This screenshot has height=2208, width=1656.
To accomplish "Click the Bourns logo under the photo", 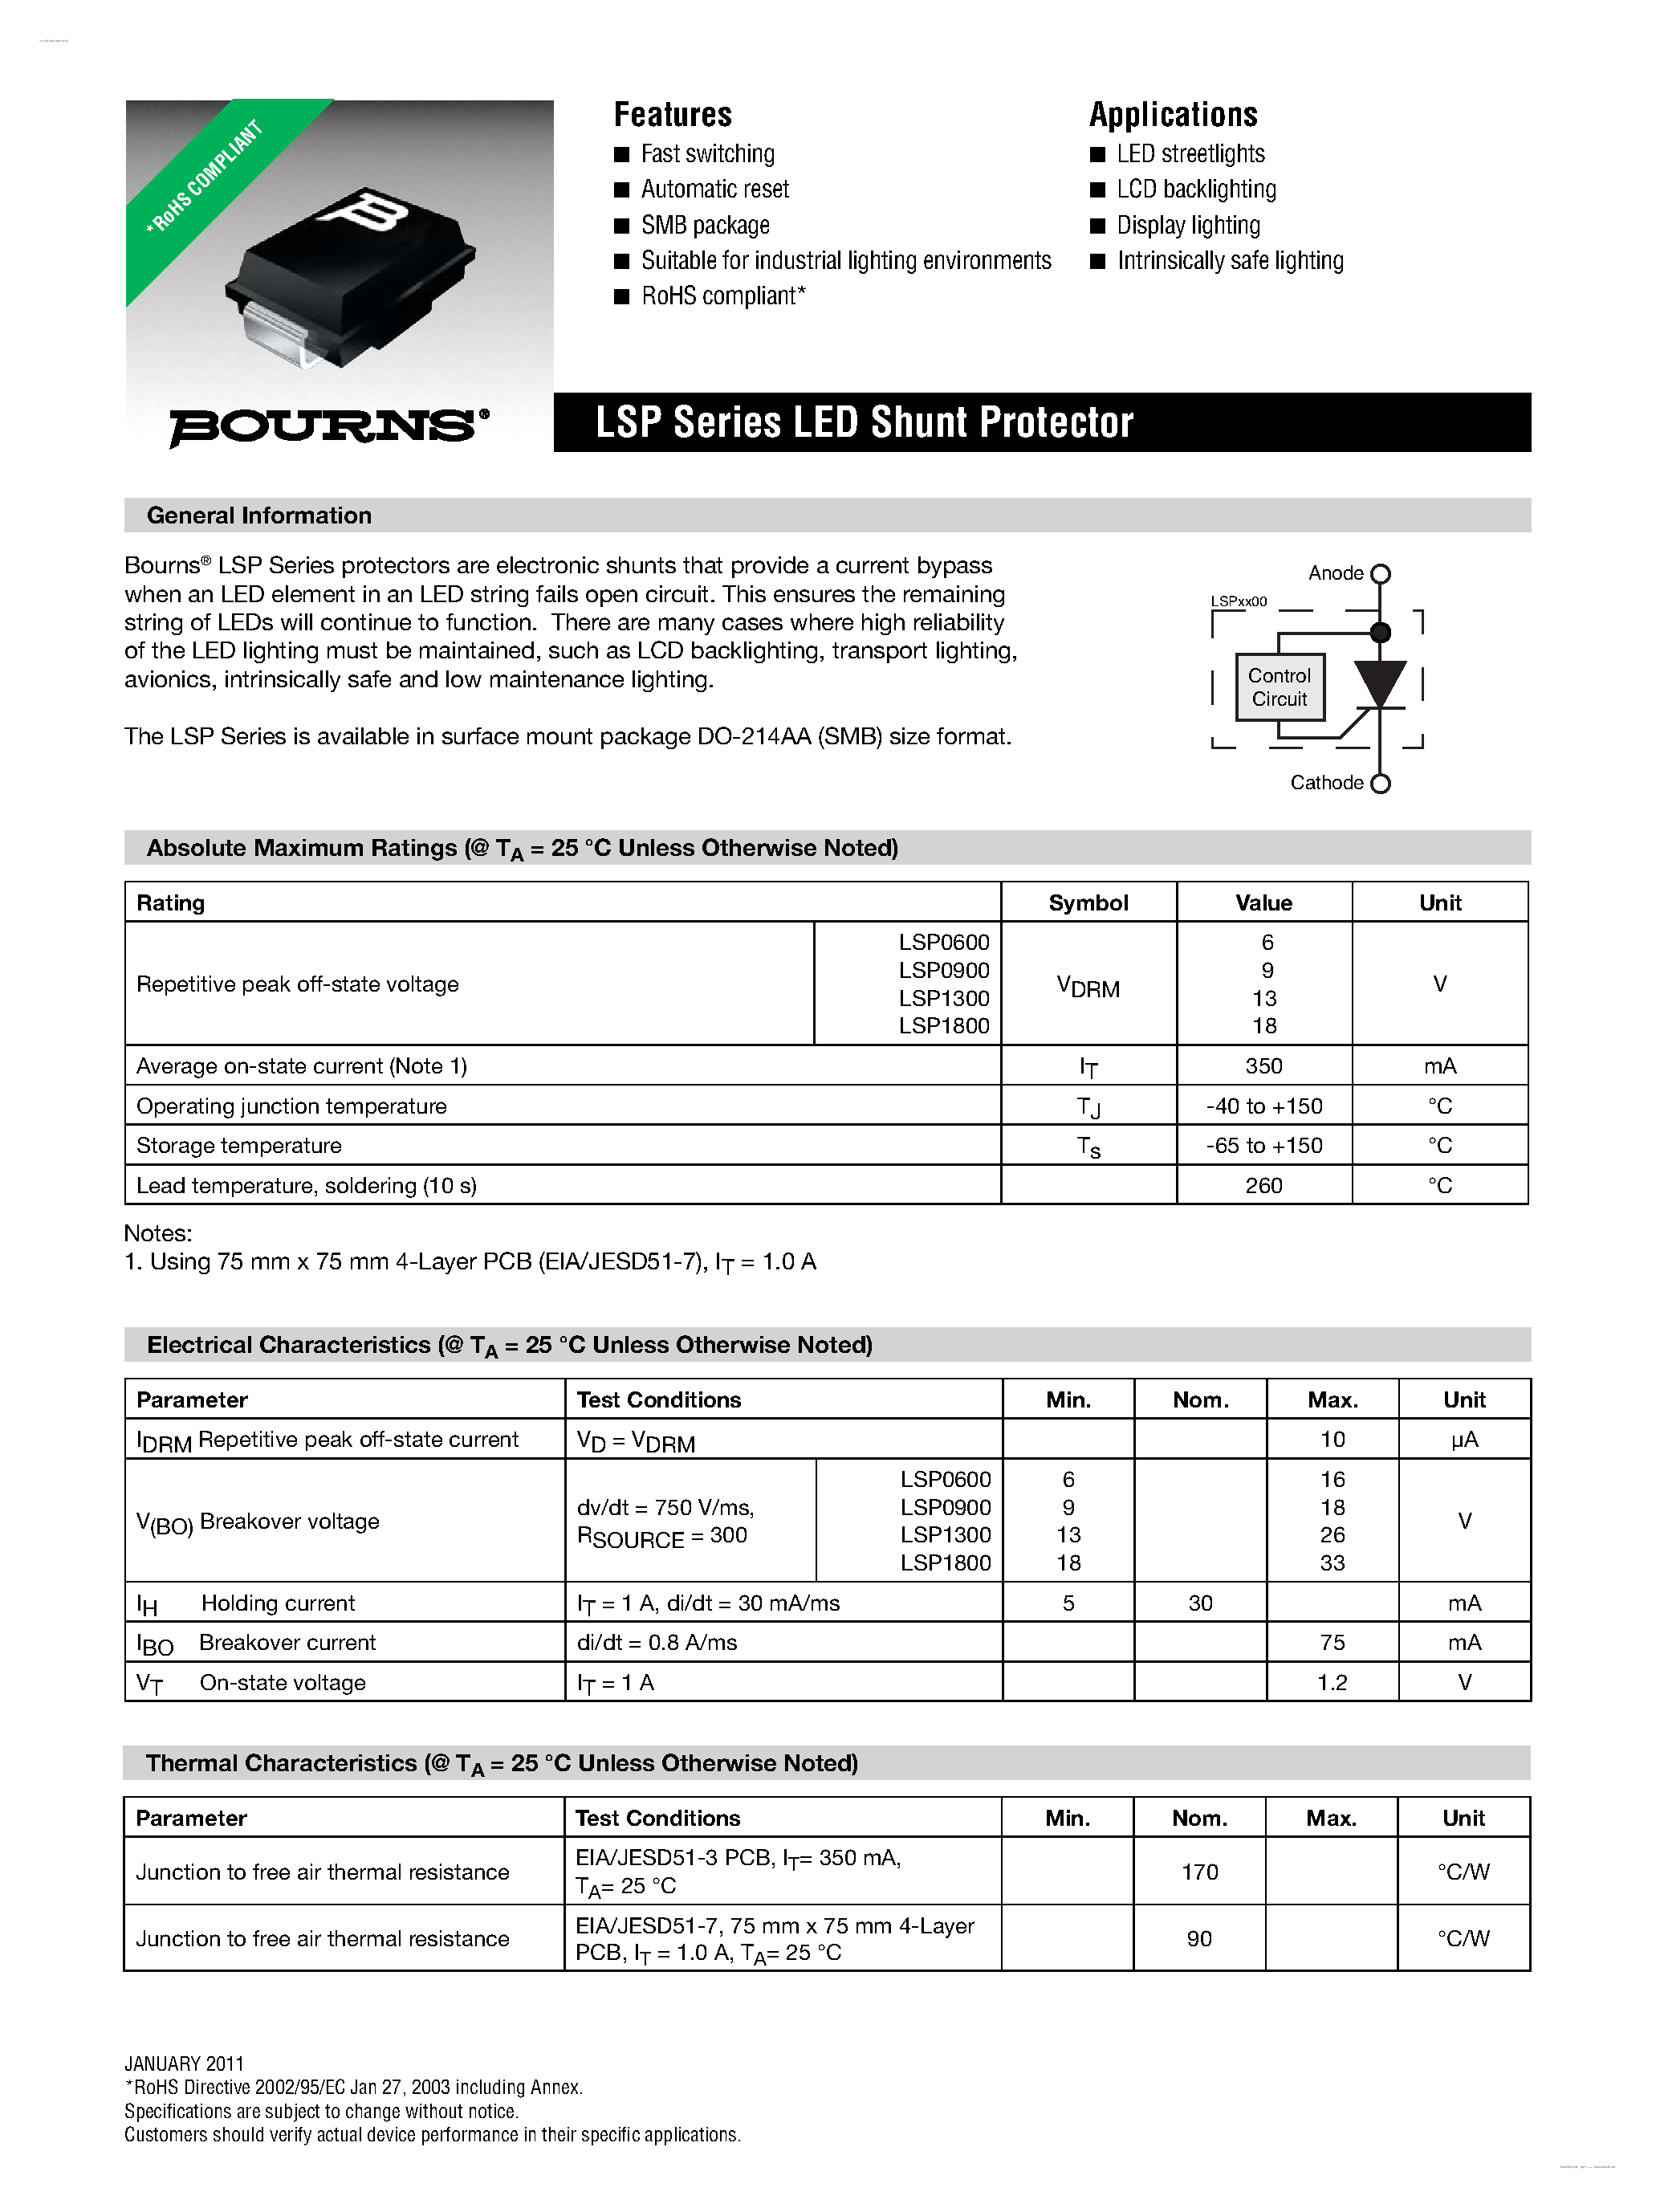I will coord(328,426).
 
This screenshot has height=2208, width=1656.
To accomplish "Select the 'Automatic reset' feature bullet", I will coord(714,189).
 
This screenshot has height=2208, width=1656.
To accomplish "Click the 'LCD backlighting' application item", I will coord(1196,189).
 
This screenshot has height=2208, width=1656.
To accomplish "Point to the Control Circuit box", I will coord(1279,686).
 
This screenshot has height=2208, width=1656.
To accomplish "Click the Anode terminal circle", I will coord(1381,574).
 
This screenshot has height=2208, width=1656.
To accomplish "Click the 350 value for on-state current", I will coord(1263,1066).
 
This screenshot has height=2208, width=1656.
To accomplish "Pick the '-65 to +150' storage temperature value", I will coord(1263,1146).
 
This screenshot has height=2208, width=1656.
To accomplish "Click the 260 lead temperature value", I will coord(1263,1186).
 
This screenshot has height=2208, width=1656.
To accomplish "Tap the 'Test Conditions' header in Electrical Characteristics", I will coord(659,1399).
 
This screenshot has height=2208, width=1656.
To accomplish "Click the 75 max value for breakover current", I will coord(1332,1642).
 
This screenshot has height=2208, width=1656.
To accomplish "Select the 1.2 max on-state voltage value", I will coord(1332,1682).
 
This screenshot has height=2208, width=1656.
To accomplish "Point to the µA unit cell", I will coord(1463,1440).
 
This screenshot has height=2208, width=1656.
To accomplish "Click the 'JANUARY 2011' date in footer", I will coord(184,2063).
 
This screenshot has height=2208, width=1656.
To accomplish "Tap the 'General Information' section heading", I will coord(258,515).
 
